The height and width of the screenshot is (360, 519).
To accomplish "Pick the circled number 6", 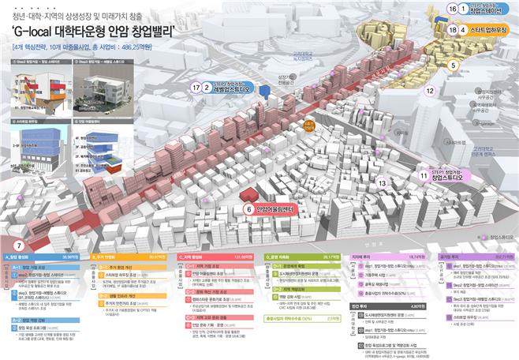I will (x=248, y=210).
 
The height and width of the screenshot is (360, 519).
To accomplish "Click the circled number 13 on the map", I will (x=382, y=183).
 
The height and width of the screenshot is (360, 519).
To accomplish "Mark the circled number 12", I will (x=430, y=91).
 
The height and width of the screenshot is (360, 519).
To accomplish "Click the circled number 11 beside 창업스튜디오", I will (x=424, y=175).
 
